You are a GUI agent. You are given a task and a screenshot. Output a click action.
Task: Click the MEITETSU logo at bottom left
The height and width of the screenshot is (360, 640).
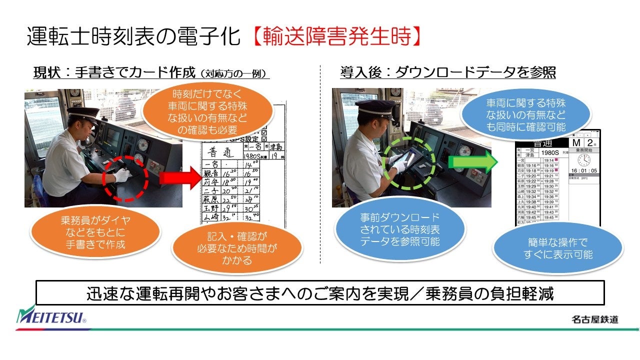(x=51, y=316)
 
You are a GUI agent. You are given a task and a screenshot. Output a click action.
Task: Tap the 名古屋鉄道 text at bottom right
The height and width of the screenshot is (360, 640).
(x=594, y=319)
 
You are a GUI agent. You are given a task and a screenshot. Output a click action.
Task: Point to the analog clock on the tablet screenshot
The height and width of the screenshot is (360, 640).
(x=583, y=160)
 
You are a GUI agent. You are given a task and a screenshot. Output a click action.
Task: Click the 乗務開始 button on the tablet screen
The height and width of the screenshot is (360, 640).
(x=583, y=150)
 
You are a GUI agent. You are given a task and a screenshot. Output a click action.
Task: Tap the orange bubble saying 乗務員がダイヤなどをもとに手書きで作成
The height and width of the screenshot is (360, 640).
(x=95, y=232)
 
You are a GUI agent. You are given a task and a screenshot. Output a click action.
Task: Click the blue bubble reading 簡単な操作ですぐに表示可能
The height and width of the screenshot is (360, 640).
(x=557, y=248)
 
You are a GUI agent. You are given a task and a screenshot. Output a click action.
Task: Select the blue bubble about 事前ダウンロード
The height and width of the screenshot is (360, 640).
(x=399, y=230)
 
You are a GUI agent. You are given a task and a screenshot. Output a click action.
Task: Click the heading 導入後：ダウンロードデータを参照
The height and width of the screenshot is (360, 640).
(x=448, y=73)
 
